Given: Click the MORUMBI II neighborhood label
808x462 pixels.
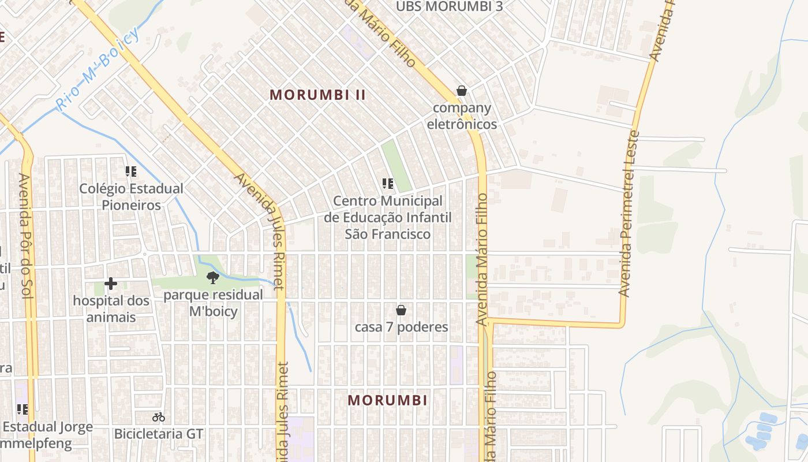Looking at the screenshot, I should [317, 95].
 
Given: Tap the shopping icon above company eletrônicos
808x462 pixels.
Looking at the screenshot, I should [461, 91].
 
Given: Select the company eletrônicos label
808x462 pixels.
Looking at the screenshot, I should [462, 116].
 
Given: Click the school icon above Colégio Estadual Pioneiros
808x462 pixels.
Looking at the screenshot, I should [131, 172].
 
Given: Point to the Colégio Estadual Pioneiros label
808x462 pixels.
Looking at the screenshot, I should [131, 197].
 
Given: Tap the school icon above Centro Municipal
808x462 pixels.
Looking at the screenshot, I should [388, 184].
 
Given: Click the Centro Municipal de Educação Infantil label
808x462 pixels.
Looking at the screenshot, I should [388, 218].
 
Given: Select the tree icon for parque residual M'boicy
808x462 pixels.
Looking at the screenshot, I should [213, 278].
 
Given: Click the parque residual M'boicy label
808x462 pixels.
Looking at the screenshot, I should [214, 303].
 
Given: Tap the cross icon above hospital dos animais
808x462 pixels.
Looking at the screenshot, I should [111, 284].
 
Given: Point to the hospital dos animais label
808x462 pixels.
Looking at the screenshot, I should [111, 309].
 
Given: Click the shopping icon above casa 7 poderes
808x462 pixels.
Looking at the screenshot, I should [401, 310].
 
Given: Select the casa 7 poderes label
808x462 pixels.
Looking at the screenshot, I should [401, 327].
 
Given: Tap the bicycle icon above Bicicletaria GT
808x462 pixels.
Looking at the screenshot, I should [159, 416].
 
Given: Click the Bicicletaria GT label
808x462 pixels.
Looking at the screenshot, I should [159, 434].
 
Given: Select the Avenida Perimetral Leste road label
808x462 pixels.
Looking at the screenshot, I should [630, 214].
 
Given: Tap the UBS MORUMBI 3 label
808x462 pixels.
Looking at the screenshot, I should [450, 7].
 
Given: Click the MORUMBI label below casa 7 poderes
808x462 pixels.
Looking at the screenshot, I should [388, 400].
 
